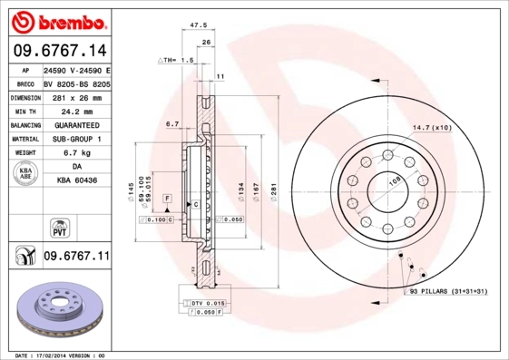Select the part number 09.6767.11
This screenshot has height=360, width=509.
[75, 258]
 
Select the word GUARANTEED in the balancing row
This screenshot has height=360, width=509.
[75, 125]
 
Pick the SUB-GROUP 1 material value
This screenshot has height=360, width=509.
[75, 139]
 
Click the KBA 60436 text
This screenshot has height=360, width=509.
[75, 182]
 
